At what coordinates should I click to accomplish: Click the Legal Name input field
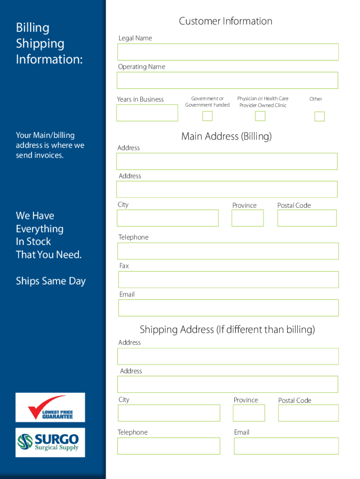228,52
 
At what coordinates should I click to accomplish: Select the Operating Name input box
227,80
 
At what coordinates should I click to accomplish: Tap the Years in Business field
147,113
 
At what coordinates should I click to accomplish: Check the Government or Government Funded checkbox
207,116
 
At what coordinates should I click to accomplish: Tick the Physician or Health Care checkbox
260,116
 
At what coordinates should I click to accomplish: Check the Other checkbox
319,116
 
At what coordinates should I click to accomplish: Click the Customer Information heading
225,21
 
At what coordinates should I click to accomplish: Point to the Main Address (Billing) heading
226,136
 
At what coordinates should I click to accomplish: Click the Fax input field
228,280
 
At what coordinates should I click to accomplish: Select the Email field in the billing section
228,308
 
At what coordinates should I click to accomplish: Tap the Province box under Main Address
247,218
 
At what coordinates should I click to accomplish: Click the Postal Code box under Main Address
307,218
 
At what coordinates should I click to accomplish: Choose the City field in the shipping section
169,413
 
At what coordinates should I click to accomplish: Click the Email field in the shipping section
286,446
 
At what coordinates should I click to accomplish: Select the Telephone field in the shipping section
169,446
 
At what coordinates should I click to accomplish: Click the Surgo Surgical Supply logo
50,443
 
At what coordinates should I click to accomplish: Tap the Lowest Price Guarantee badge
50,407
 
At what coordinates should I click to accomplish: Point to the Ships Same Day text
50,281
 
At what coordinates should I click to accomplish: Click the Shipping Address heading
227,330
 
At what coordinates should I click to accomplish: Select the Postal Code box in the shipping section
308,413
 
